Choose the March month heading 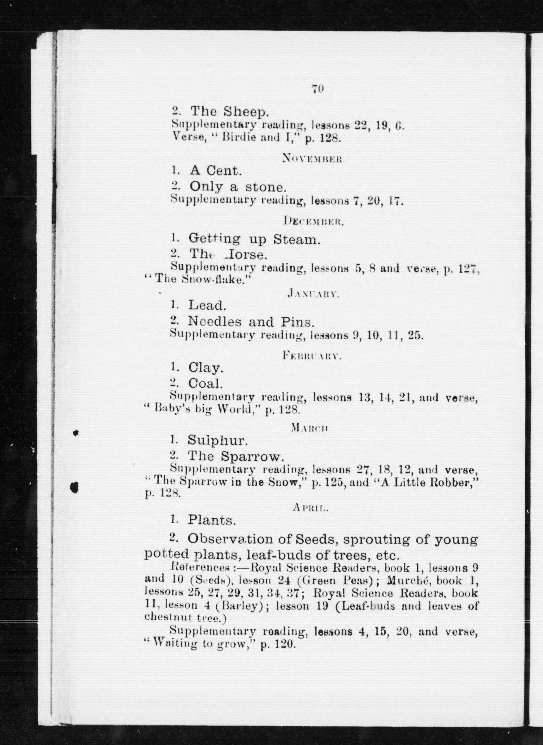[311, 427]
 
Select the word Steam [297, 240]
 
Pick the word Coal [205, 383]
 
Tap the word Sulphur [217, 440]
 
